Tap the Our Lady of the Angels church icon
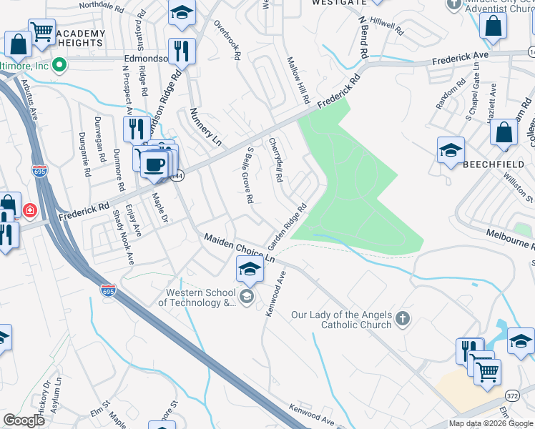pos(403,319)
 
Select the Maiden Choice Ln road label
pos(240,247)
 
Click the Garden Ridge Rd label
pos(288,224)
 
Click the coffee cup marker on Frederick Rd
pos(154,164)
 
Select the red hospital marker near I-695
pos(30,210)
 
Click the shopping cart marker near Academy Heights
pos(42,32)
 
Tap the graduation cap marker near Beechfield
pos(451,151)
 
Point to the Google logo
pos(24,420)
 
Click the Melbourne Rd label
pos(510,238)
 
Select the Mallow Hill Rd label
pos(298,79)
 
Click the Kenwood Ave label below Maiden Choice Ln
pos(275,294)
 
